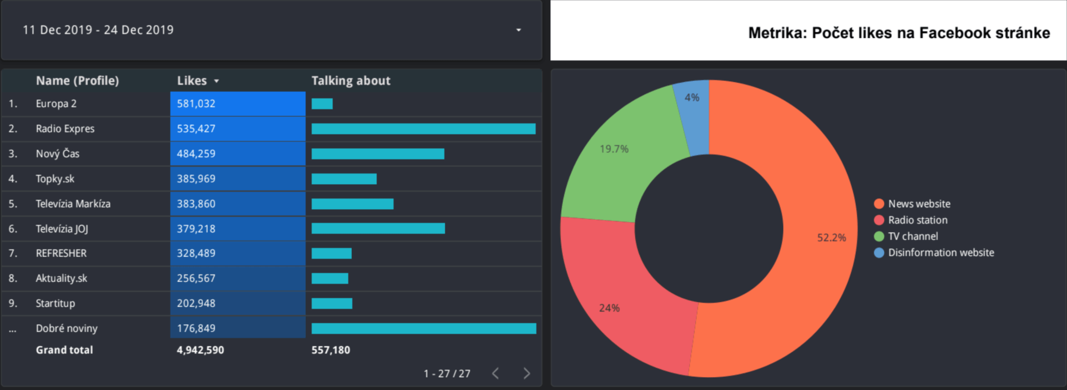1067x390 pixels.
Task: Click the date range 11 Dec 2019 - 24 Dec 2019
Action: coord(98,30)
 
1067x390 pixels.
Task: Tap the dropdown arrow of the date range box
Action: coord(518,30)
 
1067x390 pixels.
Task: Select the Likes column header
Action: coord(192,81)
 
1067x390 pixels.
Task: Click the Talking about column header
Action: coord(351,81)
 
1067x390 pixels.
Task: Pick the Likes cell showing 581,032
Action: coord(196,103)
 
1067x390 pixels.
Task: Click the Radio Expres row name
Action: coord(65,129)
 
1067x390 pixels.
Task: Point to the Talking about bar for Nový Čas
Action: coord(378,154)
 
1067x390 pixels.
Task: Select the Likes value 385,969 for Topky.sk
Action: coord(196,179)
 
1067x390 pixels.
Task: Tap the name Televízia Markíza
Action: coord(73,204)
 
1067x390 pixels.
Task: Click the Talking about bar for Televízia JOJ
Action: coord(378,229)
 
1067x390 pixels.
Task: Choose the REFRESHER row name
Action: coord(61,253)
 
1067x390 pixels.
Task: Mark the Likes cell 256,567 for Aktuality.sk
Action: coord(196,278)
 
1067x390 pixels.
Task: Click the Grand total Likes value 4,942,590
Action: coord(200,350)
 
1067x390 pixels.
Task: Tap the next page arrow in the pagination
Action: coord(527,373)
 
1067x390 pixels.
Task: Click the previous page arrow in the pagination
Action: coord(495,373)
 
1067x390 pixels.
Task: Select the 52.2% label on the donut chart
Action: coord(831,238)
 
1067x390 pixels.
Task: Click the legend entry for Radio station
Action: coord(918,220)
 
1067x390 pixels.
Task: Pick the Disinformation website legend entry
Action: coord(941,253)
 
